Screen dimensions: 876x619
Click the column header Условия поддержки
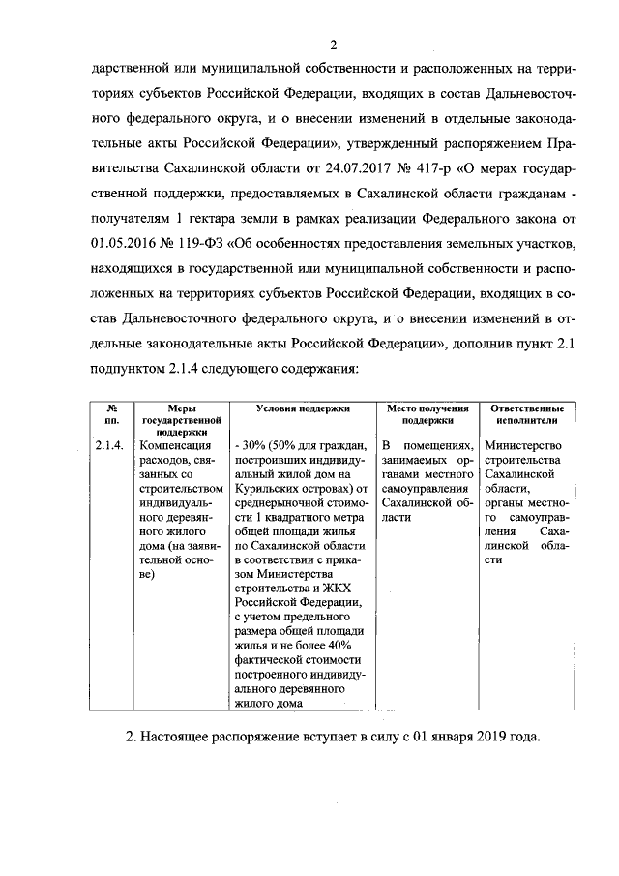point(303,410)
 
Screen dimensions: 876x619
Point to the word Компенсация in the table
point(175,445)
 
